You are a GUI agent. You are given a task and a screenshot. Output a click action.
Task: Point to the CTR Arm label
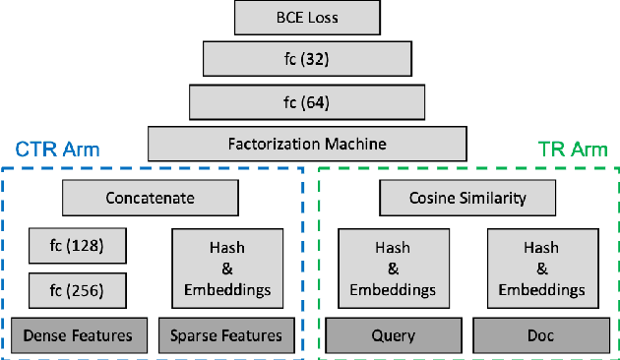pos(57,150)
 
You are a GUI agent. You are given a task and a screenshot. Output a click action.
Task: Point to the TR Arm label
pos(573,150)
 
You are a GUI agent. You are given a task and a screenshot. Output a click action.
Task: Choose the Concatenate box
pos(150,198)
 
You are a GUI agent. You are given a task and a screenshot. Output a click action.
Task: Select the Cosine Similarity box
pos(467,198)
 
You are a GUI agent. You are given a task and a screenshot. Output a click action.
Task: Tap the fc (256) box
pos(78,289)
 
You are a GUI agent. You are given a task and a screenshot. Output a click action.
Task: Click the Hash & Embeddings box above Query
pos(391,264)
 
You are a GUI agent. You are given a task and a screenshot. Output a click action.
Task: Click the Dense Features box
pos(78,335)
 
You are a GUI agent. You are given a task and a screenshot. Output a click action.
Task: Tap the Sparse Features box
pos(226,335)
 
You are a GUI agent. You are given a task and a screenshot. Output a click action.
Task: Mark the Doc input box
pos(540,335)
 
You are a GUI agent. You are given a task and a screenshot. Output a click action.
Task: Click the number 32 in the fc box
pos(318,58)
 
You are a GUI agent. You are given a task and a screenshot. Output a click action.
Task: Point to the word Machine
pos(358,144)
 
